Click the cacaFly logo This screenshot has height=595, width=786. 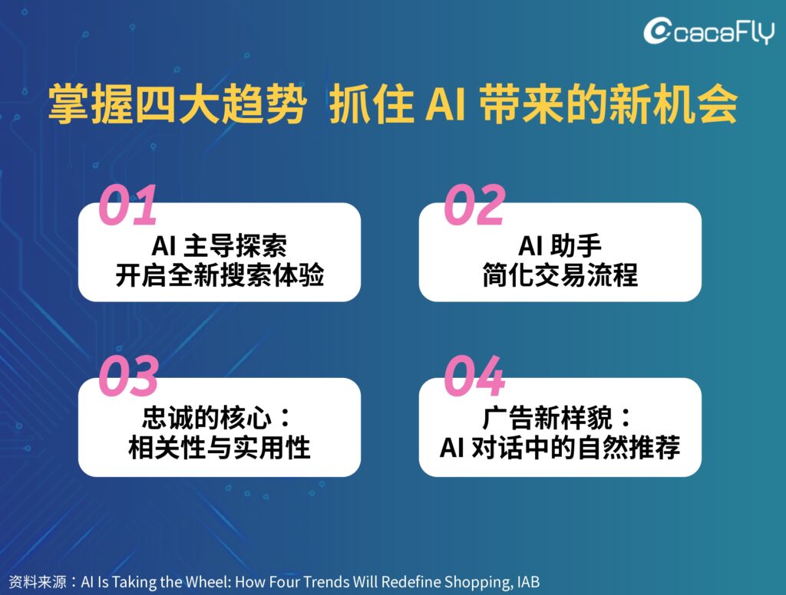click(708, 31)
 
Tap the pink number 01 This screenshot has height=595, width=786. click(128, 205)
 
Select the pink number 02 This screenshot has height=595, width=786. click(474, 205)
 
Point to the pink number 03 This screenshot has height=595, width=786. click(129, 376)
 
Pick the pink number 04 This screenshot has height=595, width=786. click(474, 376)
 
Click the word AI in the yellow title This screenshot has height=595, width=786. click(446, 104)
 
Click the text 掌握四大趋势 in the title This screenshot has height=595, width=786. click(177, 104)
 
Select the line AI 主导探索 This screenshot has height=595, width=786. click(219, 245)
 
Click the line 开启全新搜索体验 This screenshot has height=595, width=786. click(220, 275)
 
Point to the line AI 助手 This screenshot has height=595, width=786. click(560, 245)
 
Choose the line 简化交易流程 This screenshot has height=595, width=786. click(560, 275)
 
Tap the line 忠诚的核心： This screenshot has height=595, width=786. click(216, 418)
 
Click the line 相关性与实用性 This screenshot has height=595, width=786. click(220, 447)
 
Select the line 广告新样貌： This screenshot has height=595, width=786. click(557, 418)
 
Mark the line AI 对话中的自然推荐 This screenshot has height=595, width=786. click(560, 447)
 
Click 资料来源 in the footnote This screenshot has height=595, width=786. click(38, 581)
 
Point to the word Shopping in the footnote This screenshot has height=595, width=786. click(477, 582)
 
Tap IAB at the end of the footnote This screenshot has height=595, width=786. click(528, 581)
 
